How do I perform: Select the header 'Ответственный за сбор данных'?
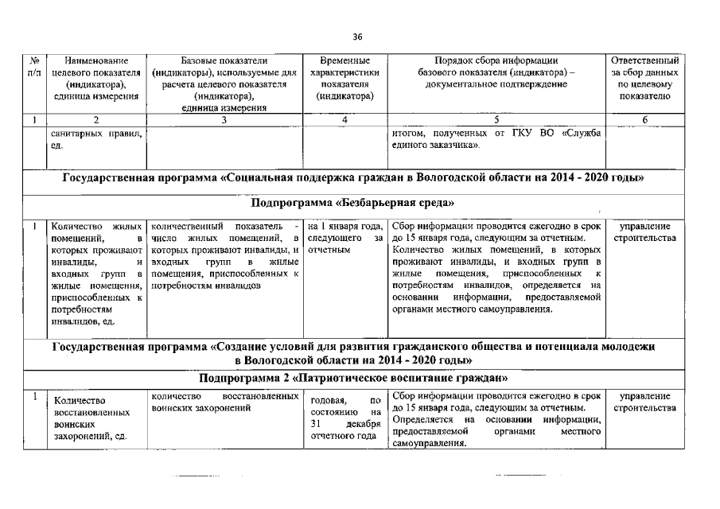(x=645, y=78)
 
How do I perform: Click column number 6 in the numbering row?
(x=645, y=119)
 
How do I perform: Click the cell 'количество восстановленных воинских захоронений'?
(x=224, y=402)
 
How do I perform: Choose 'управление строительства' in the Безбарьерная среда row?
(x=645, y=232)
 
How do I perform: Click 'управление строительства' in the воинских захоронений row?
(x=645, y=402)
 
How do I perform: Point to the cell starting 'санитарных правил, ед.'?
(x=95, y=139)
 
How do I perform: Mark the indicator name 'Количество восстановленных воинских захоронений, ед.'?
(x=95, y=419)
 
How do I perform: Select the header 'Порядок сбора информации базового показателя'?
(x=496, y=72)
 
